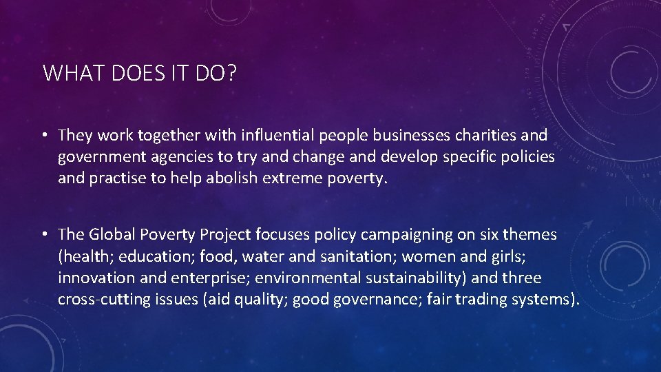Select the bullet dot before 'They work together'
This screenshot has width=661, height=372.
click(45, 136)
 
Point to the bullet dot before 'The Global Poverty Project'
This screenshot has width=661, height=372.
click(45, 236)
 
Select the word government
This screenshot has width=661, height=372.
click(101, 157)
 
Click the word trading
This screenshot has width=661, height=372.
click(479, 300)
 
